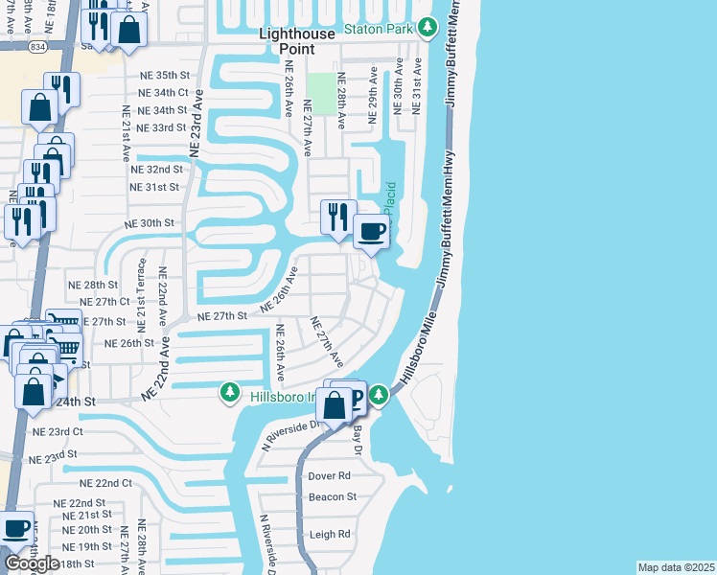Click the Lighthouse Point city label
click(298, 40)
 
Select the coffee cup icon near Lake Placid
click(372, 231)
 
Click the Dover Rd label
click(329, 475)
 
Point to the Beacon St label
click(332, 496)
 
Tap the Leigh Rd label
click(329, 535)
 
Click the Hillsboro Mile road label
click(420, 346)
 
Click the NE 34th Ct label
click(162, 93)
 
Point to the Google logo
click(31, 563)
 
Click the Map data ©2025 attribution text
click(676, 567)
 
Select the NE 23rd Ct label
click(57, 432)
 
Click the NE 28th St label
click(92, 286)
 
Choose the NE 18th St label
click(73, 563)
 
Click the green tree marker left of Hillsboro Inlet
click(230, 392)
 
